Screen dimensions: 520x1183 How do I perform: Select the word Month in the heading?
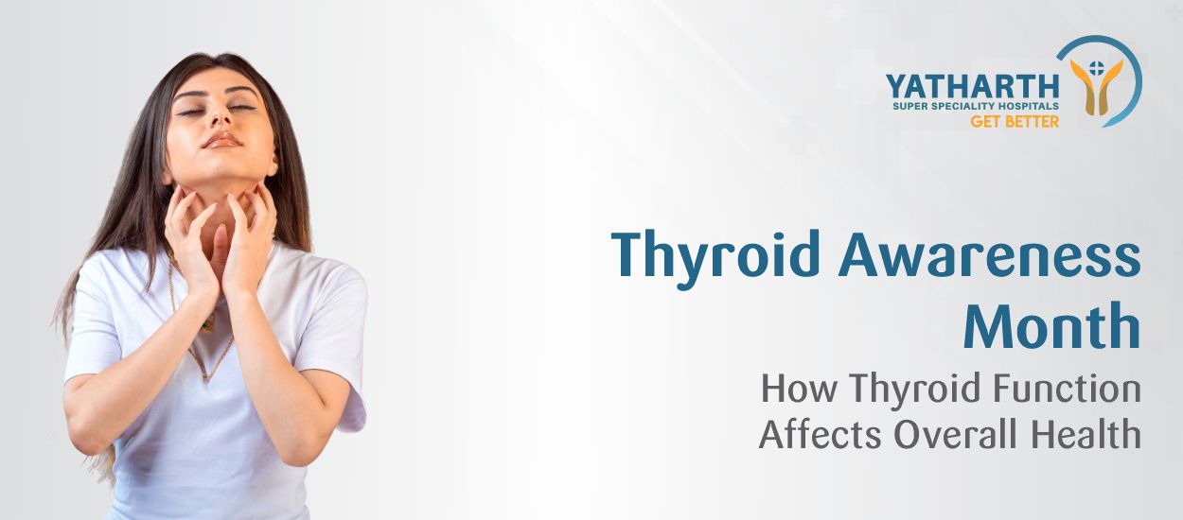[x=1051, y=328]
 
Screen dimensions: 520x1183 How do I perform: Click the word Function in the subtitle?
[x=1056, y=389]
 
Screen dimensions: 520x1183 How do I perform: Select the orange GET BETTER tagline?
[x=1015, y=122]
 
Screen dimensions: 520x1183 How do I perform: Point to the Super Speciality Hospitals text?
[x=975, y=107]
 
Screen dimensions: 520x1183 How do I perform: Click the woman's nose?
[x=219, y=119]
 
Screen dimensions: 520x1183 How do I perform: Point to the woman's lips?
[x=221, y=140]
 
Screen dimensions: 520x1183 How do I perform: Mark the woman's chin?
[x=223, y=164]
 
